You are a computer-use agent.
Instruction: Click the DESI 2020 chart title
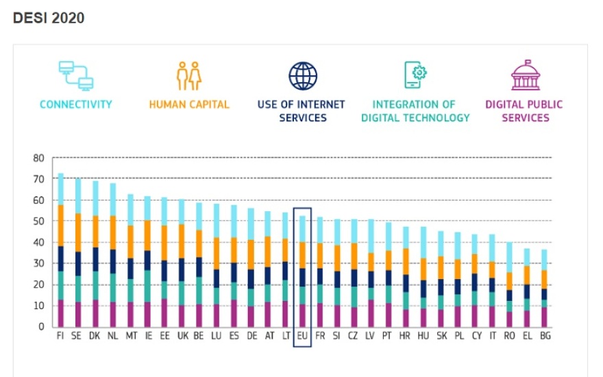pyautogui.click(x=49, y=19)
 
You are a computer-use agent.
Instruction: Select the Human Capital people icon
pyautogui.click(x=188, y=75)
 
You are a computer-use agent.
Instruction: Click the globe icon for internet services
pyautogui.click(x=302, y=75)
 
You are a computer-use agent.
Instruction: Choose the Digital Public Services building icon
pyautogui.click(x=526, y=75)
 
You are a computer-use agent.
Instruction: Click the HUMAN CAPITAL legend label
pyautogui.click(x=189, y=105)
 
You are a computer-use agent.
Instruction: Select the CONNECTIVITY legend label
pyautogui.click(x=75, y=105)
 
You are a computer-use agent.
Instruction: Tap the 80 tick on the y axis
pyautogui.click(x=38, y=158)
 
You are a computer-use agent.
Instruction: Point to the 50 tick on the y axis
pyautogui.click(x=38, y=221)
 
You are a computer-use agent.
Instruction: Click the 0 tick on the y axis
pyautogui.click(x=41, y=326)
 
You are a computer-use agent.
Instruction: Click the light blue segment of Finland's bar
pyautogui.click(x=60, y=189)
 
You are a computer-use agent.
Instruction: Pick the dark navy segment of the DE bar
pyautogui.click(x=250, y=279)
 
